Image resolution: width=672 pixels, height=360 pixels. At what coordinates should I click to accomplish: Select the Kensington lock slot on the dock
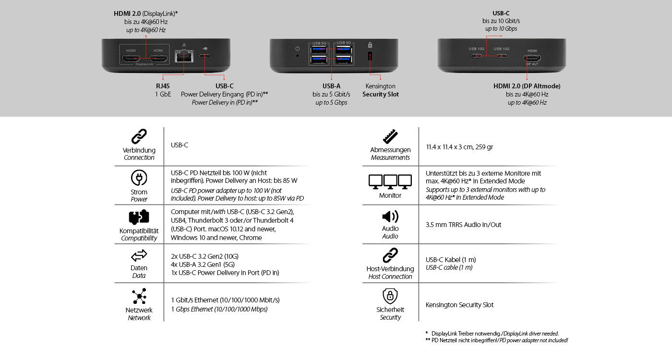(370, 56)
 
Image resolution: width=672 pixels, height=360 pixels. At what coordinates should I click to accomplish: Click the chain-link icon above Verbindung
(139, 137)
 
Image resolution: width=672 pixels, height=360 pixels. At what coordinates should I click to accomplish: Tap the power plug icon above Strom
(139, 179)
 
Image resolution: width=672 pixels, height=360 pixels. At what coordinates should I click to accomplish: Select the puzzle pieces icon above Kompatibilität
(139, 217)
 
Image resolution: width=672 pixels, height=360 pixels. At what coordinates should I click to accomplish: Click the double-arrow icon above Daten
(139, 255)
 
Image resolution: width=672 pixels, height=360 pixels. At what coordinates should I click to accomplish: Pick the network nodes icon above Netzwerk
(139, 297)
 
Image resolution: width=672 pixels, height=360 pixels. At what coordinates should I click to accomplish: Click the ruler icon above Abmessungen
(390, 136)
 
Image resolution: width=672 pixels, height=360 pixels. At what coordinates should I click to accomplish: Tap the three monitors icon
(390, 181)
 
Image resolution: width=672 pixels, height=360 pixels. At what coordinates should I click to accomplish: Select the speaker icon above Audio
(390, 216)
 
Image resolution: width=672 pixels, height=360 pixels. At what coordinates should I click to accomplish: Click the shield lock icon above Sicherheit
(390, 296)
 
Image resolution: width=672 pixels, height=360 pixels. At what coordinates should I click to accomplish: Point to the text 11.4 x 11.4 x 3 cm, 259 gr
(459, 147)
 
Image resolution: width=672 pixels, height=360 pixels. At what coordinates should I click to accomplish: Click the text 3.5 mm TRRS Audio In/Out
(463, 225)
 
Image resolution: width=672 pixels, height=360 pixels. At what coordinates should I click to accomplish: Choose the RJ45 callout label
(163, 86)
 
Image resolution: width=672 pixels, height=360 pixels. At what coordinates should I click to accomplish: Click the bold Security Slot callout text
(381, 95)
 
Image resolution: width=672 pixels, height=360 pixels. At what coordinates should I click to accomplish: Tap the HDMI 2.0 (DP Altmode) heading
(527, 86)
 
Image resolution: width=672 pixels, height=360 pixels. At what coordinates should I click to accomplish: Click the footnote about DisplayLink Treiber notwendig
(494, 333)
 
